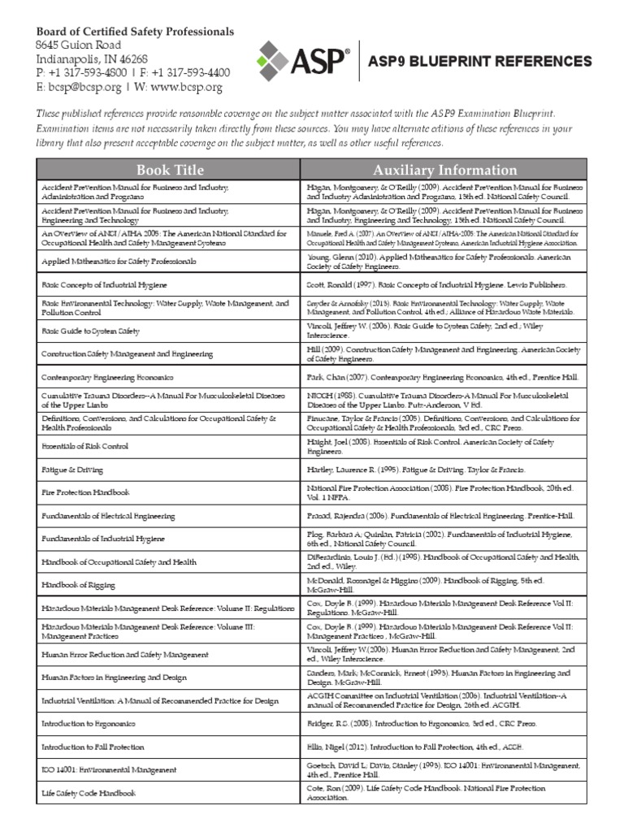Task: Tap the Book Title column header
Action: tap(170, 170)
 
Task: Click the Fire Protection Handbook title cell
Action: tap(85, 492)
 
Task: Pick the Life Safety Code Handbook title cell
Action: tap(89, 792)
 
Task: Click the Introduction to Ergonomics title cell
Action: tap(89, 723)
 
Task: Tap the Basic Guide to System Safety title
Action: tap(90, 331)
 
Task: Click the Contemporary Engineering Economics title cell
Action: tap(106, 378)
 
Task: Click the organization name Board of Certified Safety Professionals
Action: tap(134, 31)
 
